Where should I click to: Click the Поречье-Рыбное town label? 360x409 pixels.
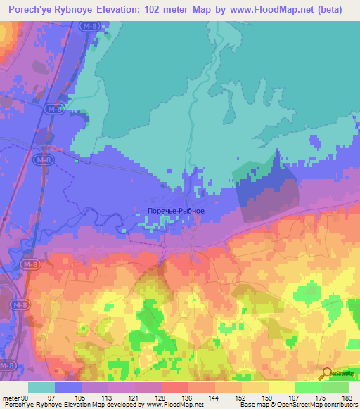click(176, 211)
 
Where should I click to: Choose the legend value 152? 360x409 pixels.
click(243, 397)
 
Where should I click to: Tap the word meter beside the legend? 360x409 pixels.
click(10, 397)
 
